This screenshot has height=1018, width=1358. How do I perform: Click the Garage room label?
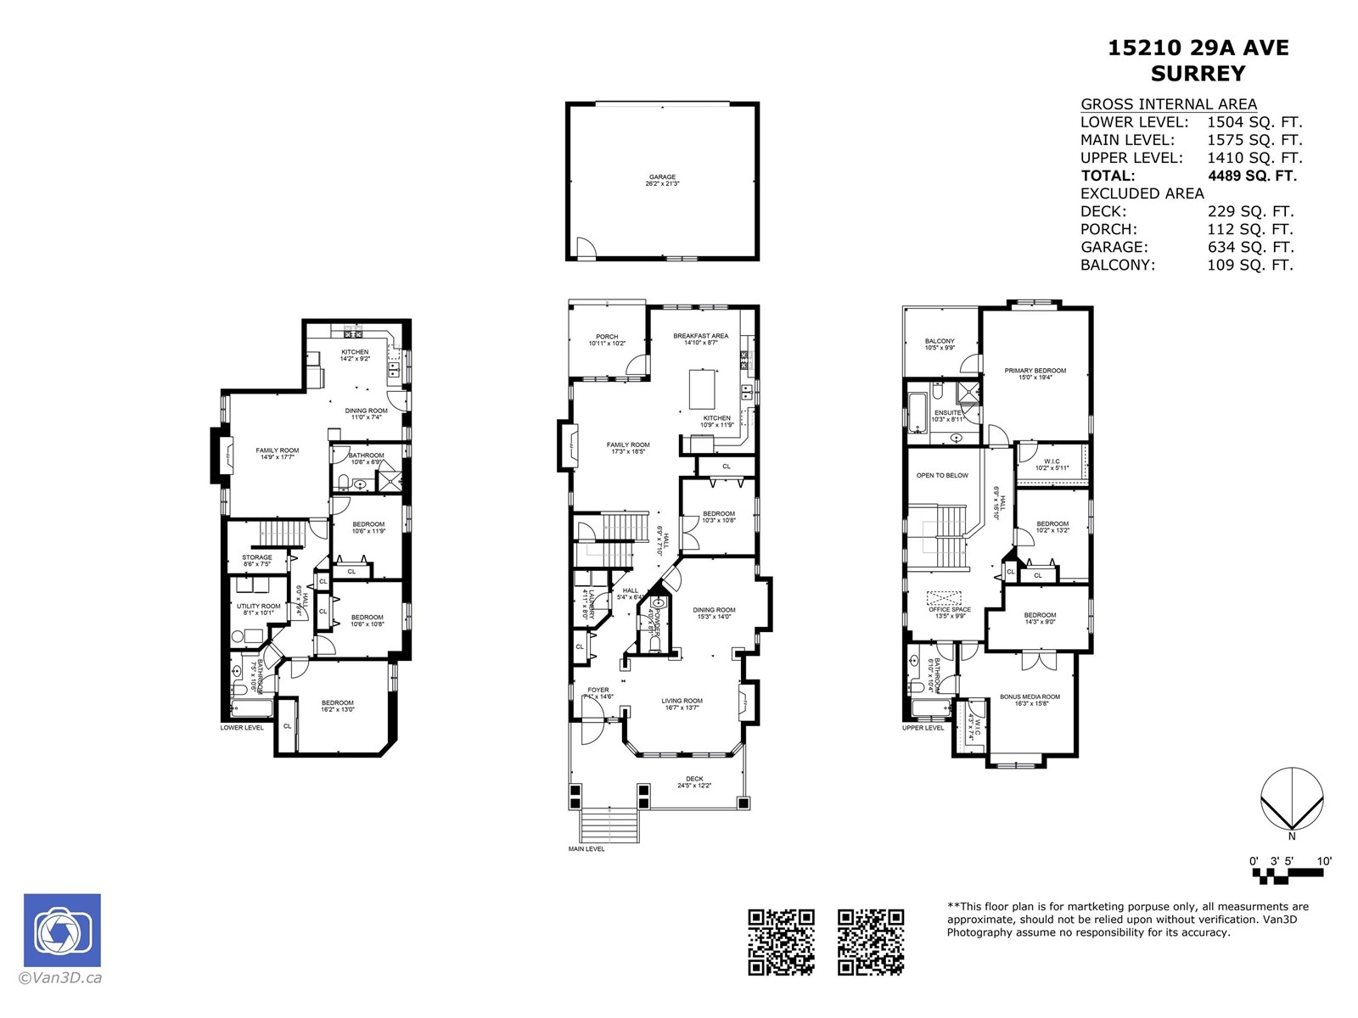tap(663, 180)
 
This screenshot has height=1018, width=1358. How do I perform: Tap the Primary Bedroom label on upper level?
tap(1035, 373)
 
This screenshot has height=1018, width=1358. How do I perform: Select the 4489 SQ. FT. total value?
tap(1252, 176)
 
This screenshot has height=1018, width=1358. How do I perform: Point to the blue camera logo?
tap(62, 930)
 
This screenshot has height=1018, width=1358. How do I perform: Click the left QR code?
tap(781, 942)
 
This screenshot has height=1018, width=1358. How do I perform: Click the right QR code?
tap(870, 942)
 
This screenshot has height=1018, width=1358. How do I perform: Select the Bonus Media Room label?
tap(1030, 700)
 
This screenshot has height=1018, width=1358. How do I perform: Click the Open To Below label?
tap(942, 475)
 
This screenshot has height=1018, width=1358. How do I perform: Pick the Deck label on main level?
tap(694, 782)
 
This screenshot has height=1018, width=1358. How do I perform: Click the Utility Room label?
tap(258, 609)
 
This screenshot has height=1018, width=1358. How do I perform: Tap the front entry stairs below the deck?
tap(609, 825)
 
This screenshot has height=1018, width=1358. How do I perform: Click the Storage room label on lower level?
tap(256, 560)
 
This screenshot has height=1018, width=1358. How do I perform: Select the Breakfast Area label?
tap(700, 338)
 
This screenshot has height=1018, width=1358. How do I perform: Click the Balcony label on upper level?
tap(940, 344)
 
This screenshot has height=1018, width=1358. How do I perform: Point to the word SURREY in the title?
tap(1198, 74)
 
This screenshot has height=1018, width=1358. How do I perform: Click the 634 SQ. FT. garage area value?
tap(1250, 247)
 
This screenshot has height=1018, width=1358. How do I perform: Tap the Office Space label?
tap(949, 612)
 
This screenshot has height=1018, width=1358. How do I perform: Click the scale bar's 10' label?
tap(1323, 861)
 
